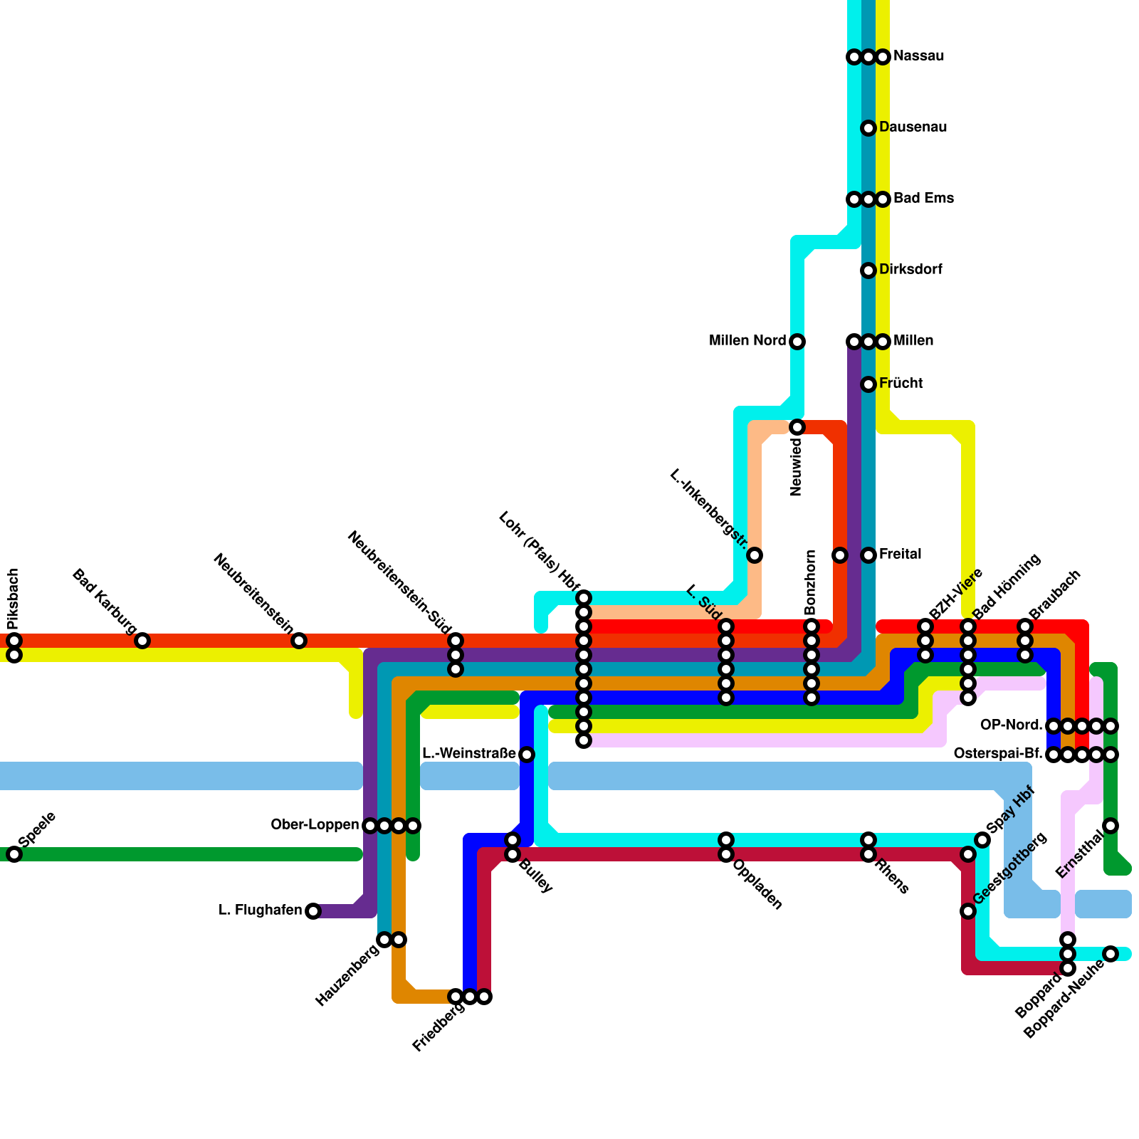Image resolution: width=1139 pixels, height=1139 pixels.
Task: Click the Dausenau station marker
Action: coord(868,128)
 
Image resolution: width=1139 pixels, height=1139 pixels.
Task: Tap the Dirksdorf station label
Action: coord(910,270)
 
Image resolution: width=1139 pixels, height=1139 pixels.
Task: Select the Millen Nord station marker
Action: coord(797,342)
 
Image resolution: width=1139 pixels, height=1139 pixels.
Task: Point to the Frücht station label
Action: coord(901,384)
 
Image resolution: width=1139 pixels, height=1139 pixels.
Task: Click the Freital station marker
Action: coord(868,555)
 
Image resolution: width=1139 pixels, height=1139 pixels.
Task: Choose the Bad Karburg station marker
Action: coord(142,641)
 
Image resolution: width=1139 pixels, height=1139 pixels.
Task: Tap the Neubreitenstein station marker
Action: coord(299,641)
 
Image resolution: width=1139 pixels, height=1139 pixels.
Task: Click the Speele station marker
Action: coord(14,854)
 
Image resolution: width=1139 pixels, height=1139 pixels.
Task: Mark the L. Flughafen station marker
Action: coord(313,911)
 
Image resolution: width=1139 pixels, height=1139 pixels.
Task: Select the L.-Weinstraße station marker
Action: coord(527,755)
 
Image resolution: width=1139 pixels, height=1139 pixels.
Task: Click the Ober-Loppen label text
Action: coord(315,825)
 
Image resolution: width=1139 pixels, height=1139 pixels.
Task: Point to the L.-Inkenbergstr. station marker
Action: coord(755,555)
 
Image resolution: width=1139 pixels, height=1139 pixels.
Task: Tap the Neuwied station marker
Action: coord(797,427)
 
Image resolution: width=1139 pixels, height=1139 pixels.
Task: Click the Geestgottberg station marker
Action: coord(968,911)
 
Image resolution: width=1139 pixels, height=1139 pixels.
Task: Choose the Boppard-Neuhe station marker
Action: coord(1111,954)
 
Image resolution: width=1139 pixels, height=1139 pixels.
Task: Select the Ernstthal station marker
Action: coord(1111,826)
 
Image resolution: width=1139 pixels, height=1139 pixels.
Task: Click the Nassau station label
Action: coord(918,56)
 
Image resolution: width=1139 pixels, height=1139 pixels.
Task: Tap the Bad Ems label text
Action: coord(923,199)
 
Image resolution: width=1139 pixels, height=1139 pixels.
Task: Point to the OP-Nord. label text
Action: coord(1011,725)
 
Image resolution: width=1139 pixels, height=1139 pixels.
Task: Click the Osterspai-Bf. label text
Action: coord(998,754)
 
